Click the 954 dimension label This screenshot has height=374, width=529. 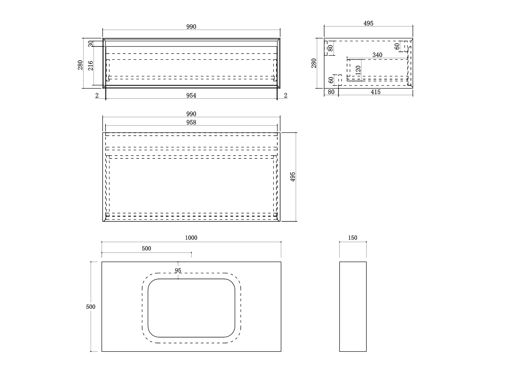pos(191,95)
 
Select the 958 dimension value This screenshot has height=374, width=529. pos(191,122)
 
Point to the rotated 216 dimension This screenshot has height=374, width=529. pos(91,66)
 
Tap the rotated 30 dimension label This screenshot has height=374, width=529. pos(91,44)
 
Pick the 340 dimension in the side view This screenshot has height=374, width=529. pos(377,55)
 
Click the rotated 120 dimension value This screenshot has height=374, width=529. pos(358,70)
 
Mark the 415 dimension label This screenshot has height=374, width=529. pos(376,92)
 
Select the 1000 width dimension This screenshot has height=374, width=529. pos(191,238)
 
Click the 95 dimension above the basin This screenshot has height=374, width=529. pos(178,270)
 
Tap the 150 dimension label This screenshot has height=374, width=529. pos(353,238)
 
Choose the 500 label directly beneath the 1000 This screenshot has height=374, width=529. pos(146,248)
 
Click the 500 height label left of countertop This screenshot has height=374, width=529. pos(91,307)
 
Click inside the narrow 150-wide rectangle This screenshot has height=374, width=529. pos(353,307)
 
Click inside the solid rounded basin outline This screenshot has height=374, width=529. pos(191,308)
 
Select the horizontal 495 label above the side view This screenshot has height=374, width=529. pos(368,24)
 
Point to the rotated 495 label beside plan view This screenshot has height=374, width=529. pos(293,177)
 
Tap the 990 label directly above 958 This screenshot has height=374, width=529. pos(191,114)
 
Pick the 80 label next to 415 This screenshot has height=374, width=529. pos(331,92)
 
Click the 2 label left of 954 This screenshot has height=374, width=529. pos(97,95)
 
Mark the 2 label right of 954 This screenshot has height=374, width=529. pos(286,95)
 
